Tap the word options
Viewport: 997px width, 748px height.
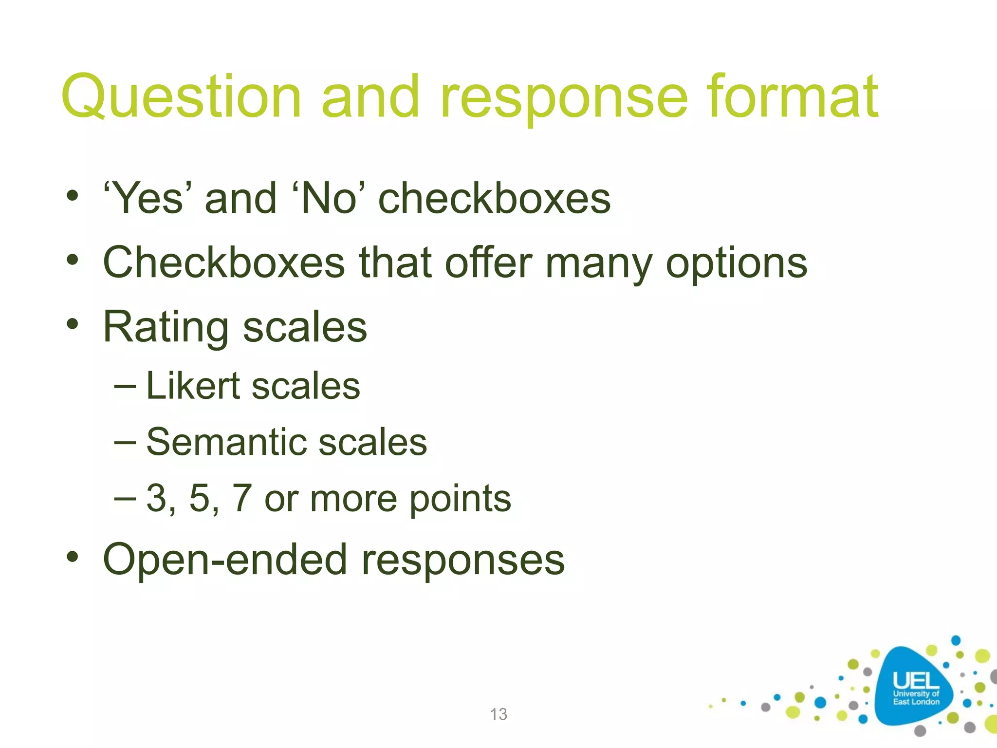(x=736, y=265)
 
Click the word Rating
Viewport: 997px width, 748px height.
(x=166, y=328)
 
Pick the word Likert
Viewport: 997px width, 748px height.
(x=193, y=386)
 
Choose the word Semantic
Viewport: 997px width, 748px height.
(x=226, y=442)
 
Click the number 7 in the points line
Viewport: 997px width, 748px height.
(x=241, y=498)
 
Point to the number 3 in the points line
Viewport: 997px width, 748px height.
(x=156, y=498)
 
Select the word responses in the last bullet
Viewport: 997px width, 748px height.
(x=463, y=562)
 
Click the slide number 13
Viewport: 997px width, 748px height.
(x=498, y=714)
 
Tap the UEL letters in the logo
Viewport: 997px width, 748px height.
(x=916, y=680)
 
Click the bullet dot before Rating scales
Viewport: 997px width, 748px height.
(x=73, y=324)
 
